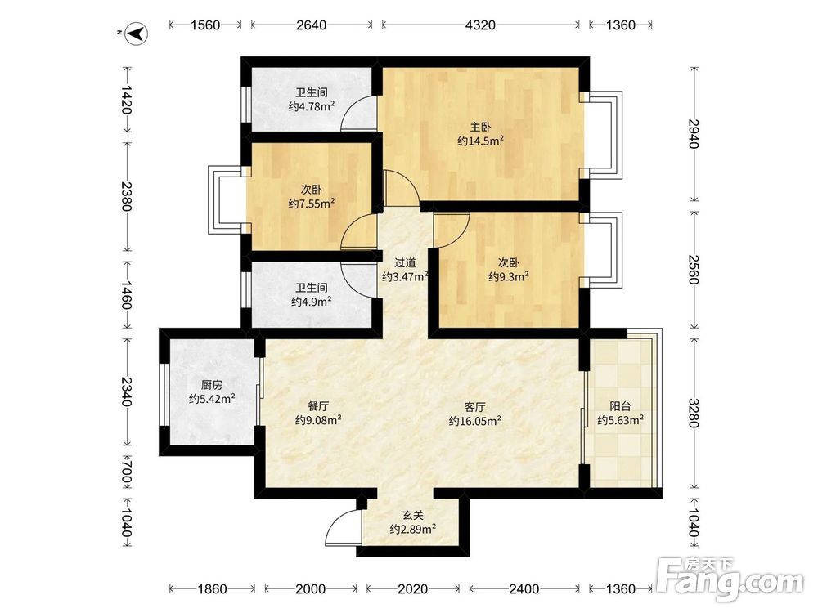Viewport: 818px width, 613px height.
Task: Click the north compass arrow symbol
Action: click(137, 34)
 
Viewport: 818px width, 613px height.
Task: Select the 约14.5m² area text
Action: click(480, 141)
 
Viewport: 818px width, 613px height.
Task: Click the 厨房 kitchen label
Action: click(212, 385)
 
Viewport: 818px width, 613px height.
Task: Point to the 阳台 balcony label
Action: click(620, 406)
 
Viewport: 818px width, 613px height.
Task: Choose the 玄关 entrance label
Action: click(412, 516)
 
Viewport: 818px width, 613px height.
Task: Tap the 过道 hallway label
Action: click(405, 263)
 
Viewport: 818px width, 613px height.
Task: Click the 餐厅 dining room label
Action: click(318, 406)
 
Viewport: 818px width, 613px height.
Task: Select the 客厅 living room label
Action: click(475, 406)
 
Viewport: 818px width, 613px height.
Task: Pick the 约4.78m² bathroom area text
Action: click(312, 107)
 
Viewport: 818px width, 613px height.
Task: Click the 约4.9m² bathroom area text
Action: click(312, 302)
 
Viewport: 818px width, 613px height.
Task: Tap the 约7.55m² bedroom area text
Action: click(312, 204)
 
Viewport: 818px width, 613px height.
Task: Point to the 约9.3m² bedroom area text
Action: click(509, 277)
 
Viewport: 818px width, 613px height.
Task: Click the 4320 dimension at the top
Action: click(480, 25)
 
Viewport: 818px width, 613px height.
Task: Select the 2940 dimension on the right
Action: click(694, 134)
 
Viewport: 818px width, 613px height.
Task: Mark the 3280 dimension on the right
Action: click(694, 413)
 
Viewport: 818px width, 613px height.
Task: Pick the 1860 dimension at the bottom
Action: click(213, 589)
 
